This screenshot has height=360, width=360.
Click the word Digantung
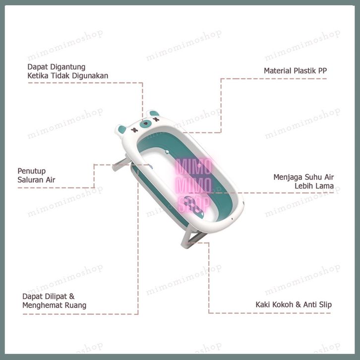tap(67, 66)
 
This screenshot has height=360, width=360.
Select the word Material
tap(278, 70)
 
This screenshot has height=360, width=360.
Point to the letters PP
tap(322, 70)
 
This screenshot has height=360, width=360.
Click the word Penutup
tap(31, 171)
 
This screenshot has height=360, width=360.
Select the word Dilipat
tap(56, 296)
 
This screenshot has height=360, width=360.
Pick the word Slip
tap(324, 304)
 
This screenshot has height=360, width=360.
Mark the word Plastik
tap(306, 70)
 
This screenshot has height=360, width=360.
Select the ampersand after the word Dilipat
tap(72, 296)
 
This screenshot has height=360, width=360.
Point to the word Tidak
tap(60, 75)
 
